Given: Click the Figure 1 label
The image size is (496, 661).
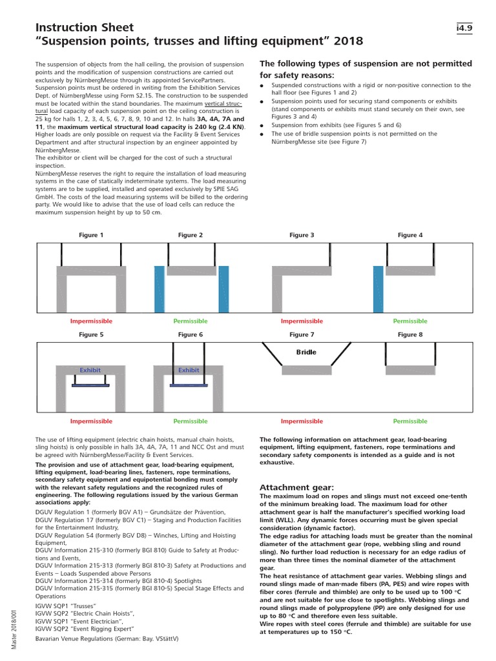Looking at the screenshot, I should [x=91, y=235].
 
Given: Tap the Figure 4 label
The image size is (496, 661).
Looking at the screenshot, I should [x=410, y=235].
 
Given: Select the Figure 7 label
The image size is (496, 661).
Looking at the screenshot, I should [x=302, y=334].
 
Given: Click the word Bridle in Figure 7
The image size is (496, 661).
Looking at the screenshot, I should [x=306, y=352].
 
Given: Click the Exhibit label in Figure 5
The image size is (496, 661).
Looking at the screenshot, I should [x=90, y=371].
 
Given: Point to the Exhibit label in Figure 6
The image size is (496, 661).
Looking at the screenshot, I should [x=189, y=371].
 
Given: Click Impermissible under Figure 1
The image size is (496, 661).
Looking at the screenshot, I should [x=91, y=321].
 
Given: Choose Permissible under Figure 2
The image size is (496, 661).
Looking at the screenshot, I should [x=190, y=321].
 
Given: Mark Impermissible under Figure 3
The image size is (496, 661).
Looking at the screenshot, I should [x=302, y=321].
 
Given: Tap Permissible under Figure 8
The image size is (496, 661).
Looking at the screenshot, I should [x=410, y=421].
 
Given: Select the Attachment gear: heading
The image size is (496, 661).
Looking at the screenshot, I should [x=296, y=487].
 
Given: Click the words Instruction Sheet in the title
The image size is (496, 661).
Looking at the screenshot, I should [x=84, y=28].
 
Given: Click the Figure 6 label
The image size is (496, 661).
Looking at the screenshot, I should [x=191, y=334].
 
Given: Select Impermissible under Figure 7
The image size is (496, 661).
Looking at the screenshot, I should [x=302, y=421].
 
